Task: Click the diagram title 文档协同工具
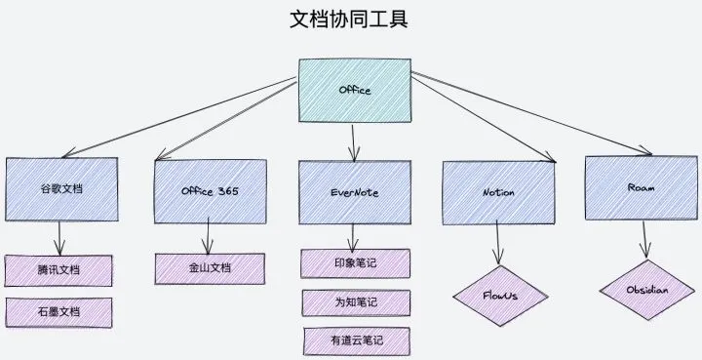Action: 349,20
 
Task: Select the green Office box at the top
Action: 354,91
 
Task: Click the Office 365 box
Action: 210,190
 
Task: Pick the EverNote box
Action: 354,191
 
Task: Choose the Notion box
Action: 498,191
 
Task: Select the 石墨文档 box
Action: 59,311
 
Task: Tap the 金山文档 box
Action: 210,268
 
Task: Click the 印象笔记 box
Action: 355,263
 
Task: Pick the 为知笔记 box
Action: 355,302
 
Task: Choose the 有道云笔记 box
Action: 355,340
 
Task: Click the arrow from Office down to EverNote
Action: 354,141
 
